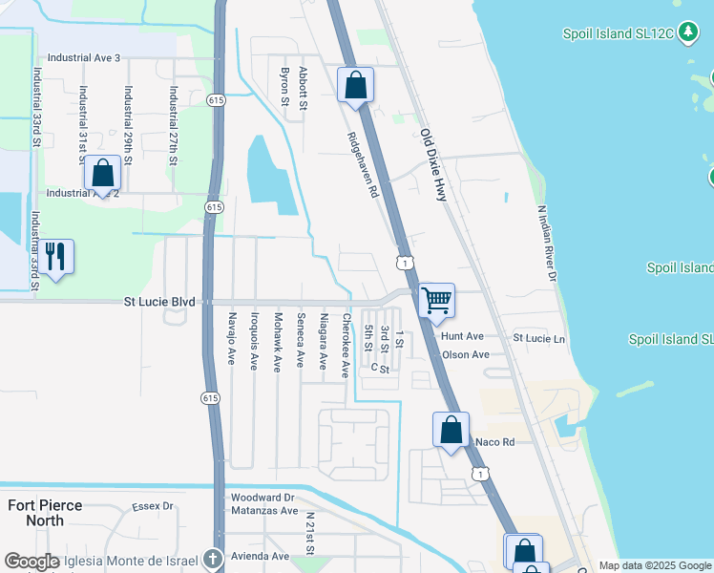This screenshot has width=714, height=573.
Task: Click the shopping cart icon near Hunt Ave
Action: [x=436, y=300]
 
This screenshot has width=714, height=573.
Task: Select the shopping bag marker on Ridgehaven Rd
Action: [x=355, y=85]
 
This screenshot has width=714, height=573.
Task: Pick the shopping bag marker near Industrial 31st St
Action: [x=102, y=174]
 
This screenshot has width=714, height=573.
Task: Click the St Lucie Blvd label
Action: [x=160, y=302]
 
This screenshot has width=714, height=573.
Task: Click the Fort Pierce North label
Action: [x=46, y=513]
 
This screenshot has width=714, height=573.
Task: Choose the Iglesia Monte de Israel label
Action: [x=133, y=560]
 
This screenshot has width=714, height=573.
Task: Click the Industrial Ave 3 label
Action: [x=84, y=58]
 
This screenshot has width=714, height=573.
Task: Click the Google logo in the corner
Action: [x=31, y=562]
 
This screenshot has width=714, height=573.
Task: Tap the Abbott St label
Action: [x=304, y=87]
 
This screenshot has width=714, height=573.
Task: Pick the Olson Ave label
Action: [x=465, y=354]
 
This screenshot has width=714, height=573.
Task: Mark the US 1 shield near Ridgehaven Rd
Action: [x=407, y=262]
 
